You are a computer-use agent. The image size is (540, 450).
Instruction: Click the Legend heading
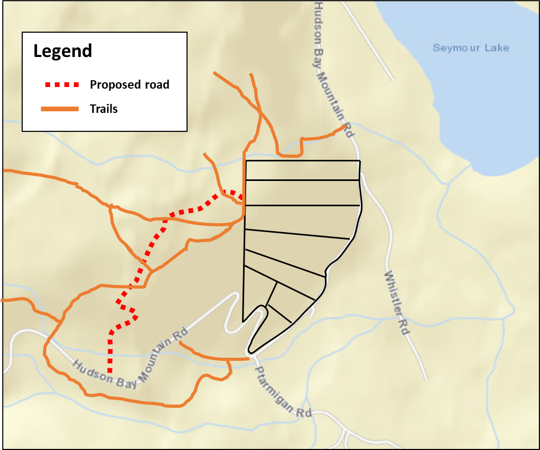coord(62,51)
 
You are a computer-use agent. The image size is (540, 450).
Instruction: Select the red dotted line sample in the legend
coord(61,84)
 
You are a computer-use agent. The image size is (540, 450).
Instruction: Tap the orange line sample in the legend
coord(60,109)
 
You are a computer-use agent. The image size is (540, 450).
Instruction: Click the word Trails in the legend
coord(104,109)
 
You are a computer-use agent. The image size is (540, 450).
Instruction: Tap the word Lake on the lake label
coord(498,48)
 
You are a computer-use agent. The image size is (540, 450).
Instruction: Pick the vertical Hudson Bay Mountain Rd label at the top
coord(333,69)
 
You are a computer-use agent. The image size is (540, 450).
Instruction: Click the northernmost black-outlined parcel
coord(302,170)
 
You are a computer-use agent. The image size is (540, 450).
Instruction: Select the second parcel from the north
coord(302,192)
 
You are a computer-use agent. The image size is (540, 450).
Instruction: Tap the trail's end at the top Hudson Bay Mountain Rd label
coord(346,127)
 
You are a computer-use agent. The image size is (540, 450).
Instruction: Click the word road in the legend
coord(156,84)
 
